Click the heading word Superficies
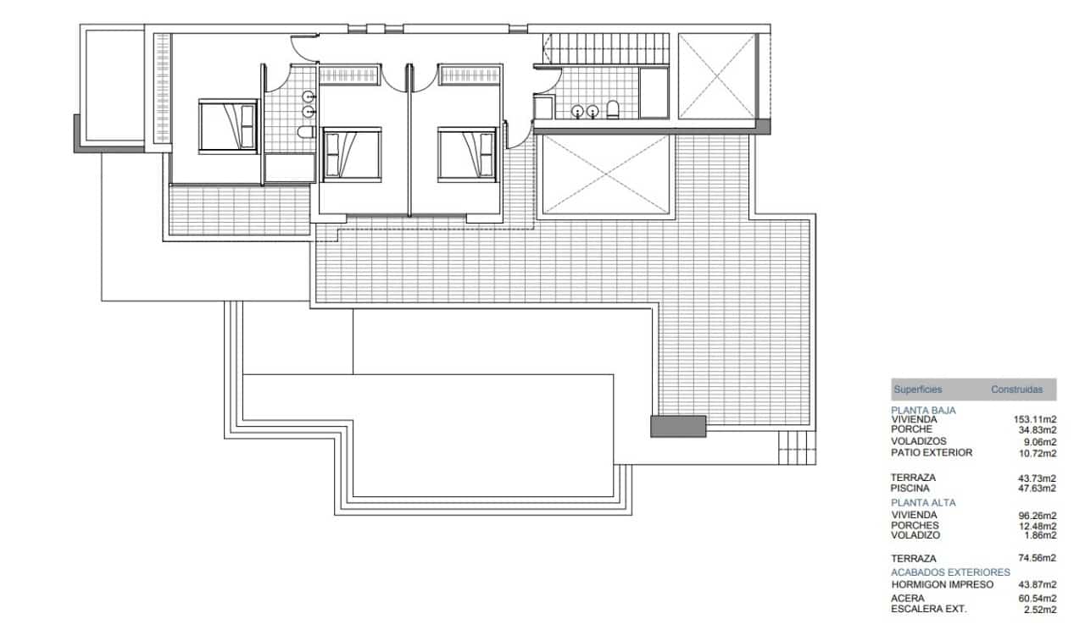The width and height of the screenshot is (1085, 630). pyautogui.click(x=917, y=390)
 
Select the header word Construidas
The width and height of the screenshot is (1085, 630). pyautogui.click(x=1023, y=390)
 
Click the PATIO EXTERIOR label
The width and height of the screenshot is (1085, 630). pyautogui.click(x=932, y=452)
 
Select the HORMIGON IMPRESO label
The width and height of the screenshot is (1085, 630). pyautogui.click(x=942, y=584)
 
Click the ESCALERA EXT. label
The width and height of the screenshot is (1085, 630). pyautogui.click(x=929, y=609)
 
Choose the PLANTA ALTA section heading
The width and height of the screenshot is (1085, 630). pyautogui.click(x=923, y=502)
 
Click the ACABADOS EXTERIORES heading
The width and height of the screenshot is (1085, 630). pyautogui.click(x=950, y=572)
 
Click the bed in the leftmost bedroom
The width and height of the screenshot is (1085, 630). pyautogui.click(x=227, y=126)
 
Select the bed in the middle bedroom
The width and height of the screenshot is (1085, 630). pyautogui.click(x=353, y=153)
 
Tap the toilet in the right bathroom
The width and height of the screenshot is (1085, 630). pyautogui.click(x=613, y=109)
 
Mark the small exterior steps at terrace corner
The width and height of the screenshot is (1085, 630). pyautogui.click(x=797, y=447)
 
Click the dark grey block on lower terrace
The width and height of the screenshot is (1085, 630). pyautogui.click(x=678, y=426)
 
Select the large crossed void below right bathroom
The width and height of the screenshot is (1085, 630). pyautogui.click(x=607, y=174)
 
